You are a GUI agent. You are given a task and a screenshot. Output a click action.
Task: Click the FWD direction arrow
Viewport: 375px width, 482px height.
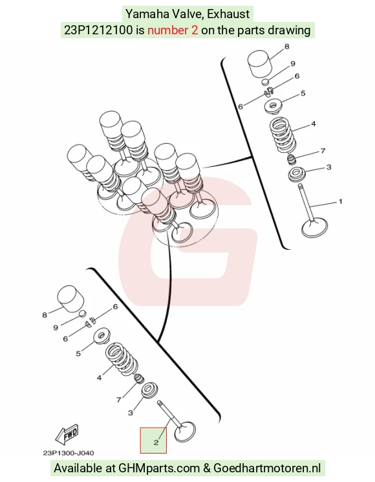(68, 435)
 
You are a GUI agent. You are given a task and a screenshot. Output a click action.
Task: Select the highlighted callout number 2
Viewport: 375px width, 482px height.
(156, 443)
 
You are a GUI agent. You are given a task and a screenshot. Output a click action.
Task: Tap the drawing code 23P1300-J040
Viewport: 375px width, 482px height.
(68, 453)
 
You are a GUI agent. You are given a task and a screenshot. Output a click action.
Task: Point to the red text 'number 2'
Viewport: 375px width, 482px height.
(173, 30)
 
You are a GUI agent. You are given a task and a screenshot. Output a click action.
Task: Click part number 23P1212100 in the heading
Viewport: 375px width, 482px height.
(98, 30)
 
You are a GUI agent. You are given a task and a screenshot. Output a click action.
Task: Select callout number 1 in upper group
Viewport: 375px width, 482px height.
(340, 202)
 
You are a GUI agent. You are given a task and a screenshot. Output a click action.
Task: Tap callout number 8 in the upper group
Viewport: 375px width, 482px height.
(287, 47)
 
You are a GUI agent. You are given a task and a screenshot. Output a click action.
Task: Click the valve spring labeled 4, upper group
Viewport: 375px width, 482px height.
(283, 135)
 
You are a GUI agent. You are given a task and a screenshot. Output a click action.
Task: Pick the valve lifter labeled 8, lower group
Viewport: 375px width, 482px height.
(70, 298)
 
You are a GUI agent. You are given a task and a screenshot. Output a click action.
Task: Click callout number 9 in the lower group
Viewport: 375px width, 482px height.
(56, 327)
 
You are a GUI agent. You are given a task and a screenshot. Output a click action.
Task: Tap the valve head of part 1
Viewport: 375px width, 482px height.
(315, 228)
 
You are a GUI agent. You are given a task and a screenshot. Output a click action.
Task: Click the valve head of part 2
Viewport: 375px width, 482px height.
(185, 432)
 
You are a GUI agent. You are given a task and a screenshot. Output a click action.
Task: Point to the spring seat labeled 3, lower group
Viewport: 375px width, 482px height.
(149, 390)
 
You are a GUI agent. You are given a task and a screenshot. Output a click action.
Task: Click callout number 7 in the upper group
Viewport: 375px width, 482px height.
(323, 151)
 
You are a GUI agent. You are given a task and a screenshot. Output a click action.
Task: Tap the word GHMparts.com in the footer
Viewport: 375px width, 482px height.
(159, 468)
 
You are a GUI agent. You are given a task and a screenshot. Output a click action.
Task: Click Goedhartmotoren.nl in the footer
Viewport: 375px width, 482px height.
(267, 468)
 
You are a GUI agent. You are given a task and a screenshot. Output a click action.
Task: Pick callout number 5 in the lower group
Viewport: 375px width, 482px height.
(78, 353)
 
